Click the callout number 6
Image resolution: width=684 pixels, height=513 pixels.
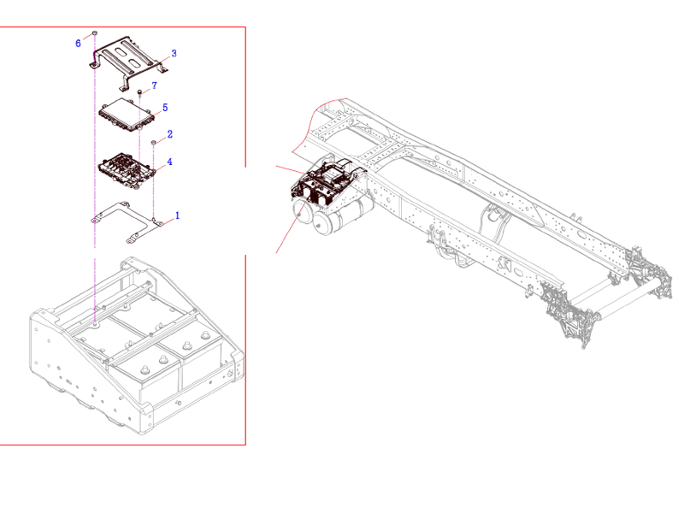tap(79, 42)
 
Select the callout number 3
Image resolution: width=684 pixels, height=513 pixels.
tap(174, 53)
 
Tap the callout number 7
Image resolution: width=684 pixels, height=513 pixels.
tap(154, 85)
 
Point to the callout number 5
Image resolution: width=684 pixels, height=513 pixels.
tap(164, 108)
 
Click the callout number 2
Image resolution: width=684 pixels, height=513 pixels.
tap(170, 134)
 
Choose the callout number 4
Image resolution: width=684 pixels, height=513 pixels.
tap(170, 162)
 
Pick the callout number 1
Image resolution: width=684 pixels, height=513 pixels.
tap(177, 215)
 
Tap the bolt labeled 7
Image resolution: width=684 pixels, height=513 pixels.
tap(139, 91)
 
